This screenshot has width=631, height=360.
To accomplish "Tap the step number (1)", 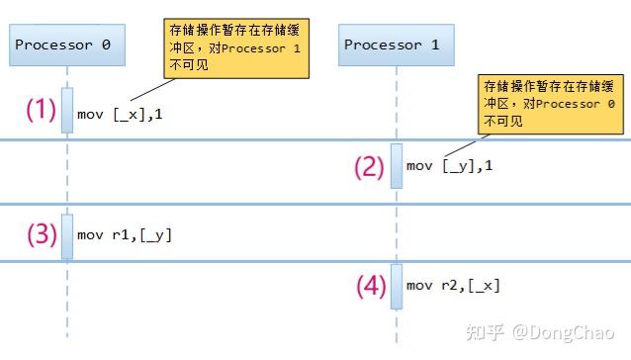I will (41, 110).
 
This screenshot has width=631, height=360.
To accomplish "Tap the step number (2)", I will (369, 166).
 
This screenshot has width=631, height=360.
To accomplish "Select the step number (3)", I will (41, 235).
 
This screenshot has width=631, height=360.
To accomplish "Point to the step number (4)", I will (369, 287).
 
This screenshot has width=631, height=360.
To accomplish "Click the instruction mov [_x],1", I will (120, 115).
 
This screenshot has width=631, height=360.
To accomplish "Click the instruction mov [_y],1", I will (449, 165).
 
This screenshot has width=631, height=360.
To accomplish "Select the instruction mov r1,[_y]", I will (125, 235).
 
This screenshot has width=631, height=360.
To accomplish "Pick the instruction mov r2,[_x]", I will (453, 286).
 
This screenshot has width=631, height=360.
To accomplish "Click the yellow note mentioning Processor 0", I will (551, 103).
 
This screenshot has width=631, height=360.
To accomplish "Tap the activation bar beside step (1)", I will (67, 110).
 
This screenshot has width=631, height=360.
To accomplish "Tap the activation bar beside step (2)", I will (396, 165).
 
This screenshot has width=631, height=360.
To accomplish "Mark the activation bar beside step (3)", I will (67, 235).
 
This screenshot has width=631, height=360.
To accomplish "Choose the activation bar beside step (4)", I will (396, 286).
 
